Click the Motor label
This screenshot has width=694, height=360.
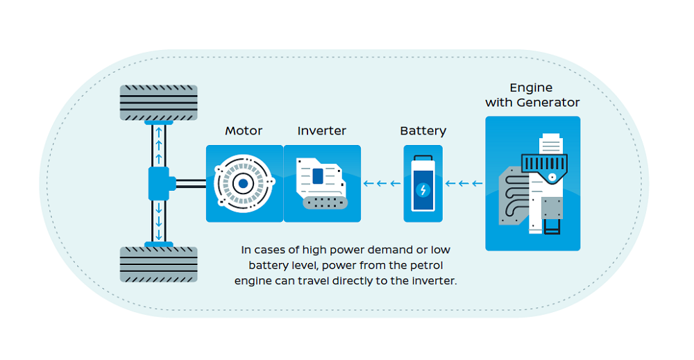[x=244, y=130]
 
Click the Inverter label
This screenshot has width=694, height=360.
[x=321, y=130]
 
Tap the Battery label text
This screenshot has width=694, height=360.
[x=423, y=130]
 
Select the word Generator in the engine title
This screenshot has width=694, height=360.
[x=547, y=103]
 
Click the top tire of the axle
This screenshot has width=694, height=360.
[x=159, y=102]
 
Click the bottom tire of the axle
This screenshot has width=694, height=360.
[x=159, y=264]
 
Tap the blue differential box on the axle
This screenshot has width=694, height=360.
[x=159, y=184]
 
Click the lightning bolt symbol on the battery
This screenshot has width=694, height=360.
[x=423, y=189]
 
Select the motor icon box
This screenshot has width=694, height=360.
[x=244, y=183]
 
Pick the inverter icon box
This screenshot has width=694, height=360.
[x=322, y=183]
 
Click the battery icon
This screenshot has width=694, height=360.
[x=423, y=183]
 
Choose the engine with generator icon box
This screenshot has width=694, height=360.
[x=532, y=183]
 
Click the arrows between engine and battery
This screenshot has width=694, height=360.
[x=464, y=184]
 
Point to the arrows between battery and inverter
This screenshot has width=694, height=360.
[x=382, y=184]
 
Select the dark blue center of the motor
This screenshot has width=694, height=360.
[x=244, y=184]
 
